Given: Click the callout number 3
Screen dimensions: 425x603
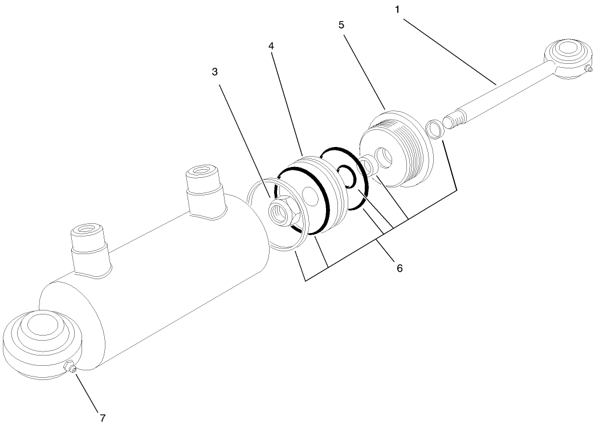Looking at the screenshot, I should (x=215, y=72).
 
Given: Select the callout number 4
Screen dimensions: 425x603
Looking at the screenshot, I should (x=271, y=46).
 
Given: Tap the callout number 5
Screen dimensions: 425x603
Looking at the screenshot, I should (x=341, y=25).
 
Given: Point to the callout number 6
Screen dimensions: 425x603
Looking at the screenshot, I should (x=400, y=268).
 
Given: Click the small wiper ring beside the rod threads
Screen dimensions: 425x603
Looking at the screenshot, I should (x=435, y=129).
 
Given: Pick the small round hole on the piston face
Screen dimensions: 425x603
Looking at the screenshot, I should (x=310, y=195).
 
